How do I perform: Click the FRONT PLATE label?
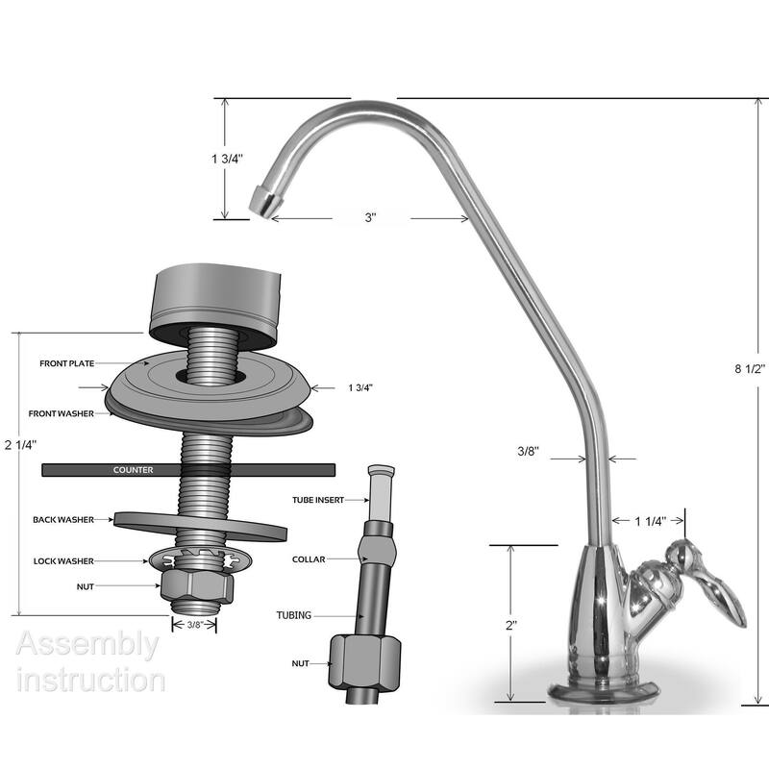point(65,364)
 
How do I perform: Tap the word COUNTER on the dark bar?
point(134,470)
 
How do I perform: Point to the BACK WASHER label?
point(62,520)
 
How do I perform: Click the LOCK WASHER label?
point(62,560)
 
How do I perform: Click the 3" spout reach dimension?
point(370,219)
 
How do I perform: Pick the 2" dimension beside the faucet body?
point(512,624)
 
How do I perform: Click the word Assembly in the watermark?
point(87,644)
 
